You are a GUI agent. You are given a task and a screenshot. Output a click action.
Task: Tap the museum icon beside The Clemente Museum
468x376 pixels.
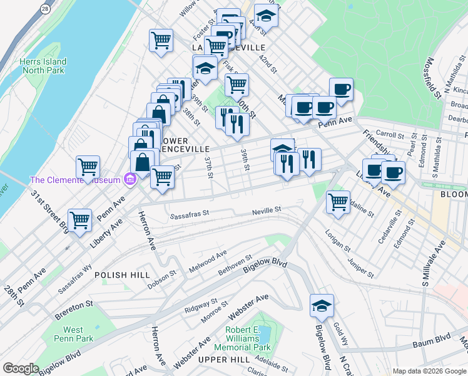point(130,180)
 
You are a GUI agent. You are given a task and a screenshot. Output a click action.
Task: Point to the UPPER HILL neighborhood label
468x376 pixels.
point(223,359)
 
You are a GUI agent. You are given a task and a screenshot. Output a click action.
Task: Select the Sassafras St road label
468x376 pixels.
point(190,215)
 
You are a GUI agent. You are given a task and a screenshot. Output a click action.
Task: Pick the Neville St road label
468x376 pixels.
point(267,211)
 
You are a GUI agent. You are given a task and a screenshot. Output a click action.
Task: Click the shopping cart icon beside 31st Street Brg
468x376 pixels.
point(79,219)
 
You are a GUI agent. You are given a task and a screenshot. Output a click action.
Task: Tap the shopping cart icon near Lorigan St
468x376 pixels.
point(338,201)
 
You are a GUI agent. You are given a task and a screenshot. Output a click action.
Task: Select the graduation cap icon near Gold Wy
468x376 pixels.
point(322,305)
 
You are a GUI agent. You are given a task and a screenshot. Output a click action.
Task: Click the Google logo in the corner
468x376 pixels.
point(21,368)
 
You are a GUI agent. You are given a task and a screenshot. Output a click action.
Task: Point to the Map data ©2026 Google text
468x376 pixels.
point(429,371)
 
